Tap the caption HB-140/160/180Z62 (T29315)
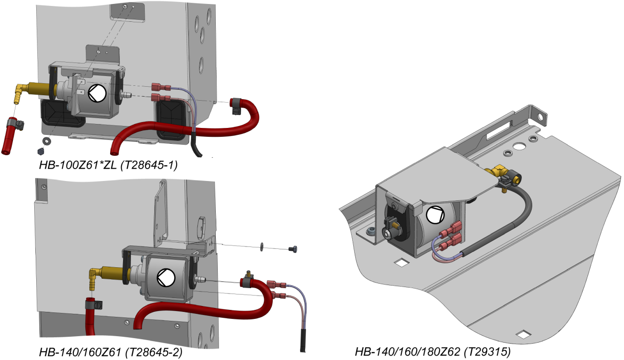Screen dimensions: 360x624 433,352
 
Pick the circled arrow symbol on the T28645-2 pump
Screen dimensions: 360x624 163,278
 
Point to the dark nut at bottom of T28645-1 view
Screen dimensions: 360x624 41,150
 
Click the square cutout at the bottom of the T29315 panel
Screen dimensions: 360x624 522,333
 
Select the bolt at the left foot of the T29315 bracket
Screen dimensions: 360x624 371,231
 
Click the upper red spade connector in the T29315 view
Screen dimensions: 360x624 454,231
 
